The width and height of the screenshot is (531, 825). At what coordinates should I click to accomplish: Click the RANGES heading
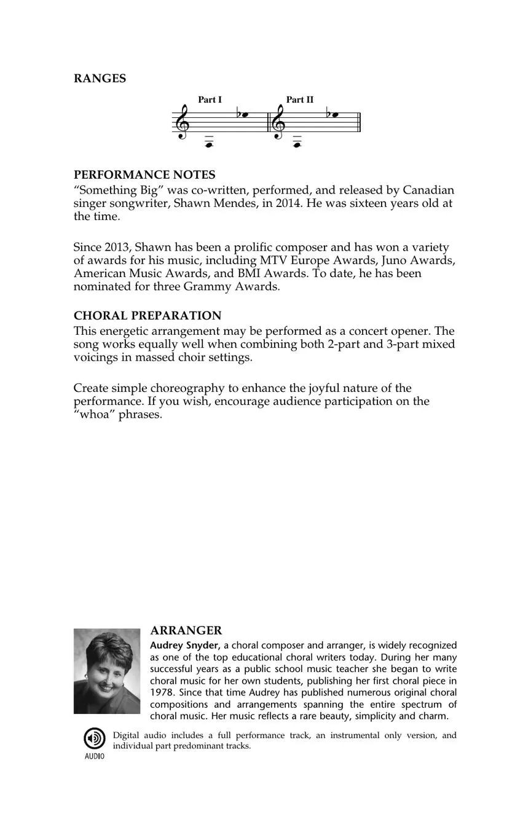tap(100, 79)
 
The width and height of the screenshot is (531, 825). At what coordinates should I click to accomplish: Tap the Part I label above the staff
tap(210, 100)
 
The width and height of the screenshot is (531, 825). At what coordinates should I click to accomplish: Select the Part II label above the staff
tap(300, 100)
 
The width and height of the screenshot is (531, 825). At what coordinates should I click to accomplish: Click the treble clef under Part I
tap(183, 122)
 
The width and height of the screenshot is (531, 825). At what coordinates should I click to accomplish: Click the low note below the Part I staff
tap(209, 145)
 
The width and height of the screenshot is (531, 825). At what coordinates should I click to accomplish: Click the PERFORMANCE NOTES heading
tap(144, 175)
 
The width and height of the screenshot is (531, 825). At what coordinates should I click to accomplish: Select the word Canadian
tap(428, 190)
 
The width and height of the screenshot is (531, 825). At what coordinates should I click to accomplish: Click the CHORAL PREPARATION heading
tap(147, 316)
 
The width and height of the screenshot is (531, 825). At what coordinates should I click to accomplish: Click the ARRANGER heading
tap(186, 631)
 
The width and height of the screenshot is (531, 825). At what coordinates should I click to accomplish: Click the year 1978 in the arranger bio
tap(161, 693)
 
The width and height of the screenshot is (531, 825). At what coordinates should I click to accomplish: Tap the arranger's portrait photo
tap(107, 671)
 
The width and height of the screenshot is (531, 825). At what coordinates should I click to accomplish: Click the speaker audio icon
tap(94, 738)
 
